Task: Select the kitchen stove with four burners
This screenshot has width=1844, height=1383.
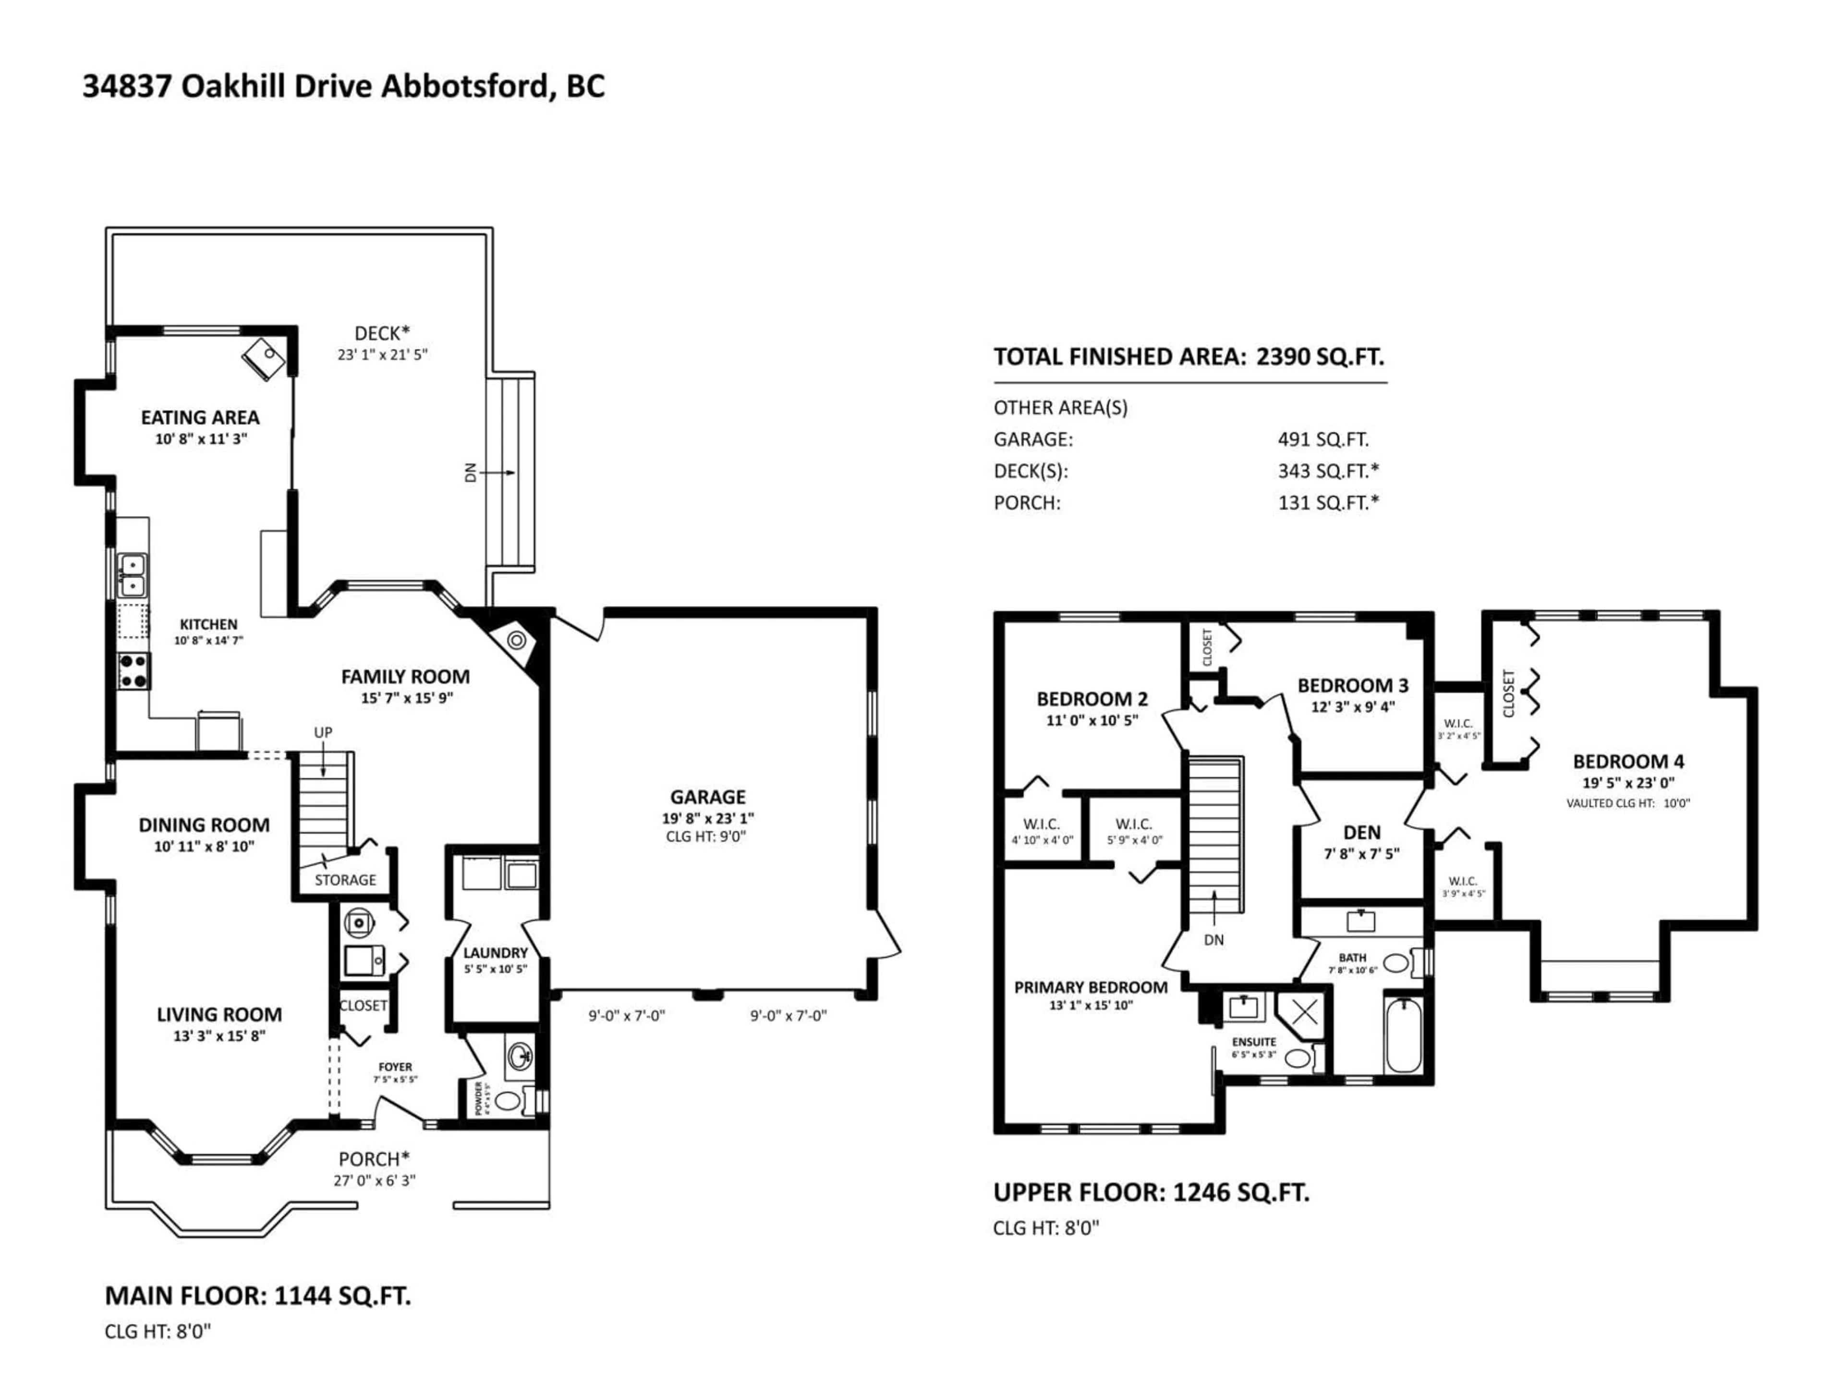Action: (x=133, y=671)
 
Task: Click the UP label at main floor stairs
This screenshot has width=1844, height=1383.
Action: (x=323, y=732)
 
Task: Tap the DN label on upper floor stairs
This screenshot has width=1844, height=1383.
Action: (x=1214, y=939)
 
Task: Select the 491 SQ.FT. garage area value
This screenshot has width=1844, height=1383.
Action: (x=1323, y=439)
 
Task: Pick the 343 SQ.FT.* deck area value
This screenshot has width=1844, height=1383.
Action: (x=1328, y=471)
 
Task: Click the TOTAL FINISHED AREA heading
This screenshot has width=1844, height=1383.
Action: (x=1119, y=357)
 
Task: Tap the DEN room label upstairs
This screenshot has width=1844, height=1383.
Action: (x=1361, y=832)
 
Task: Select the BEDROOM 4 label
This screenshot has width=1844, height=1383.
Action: (x=1627, y=761)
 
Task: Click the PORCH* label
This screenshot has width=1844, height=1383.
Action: (x=374, y=1159)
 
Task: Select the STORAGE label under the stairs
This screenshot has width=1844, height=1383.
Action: (x=345, y=879)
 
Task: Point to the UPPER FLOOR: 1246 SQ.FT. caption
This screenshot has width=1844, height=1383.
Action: (x=1151, y=1192)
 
